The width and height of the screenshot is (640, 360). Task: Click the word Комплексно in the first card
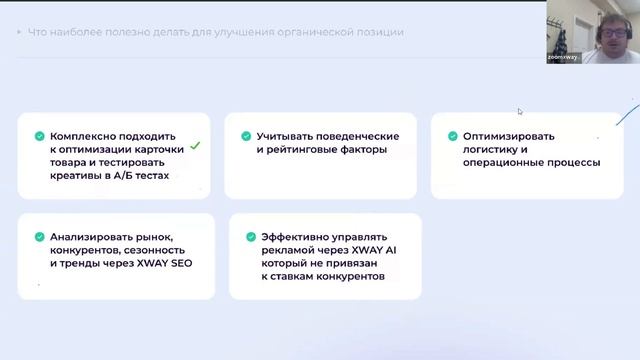point(89,136)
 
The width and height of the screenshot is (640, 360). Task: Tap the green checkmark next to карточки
point(195,146)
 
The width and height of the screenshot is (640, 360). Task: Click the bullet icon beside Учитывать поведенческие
point(245,136)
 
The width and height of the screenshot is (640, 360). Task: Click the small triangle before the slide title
point(19,32)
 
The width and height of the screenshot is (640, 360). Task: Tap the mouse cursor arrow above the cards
point(520,111)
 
